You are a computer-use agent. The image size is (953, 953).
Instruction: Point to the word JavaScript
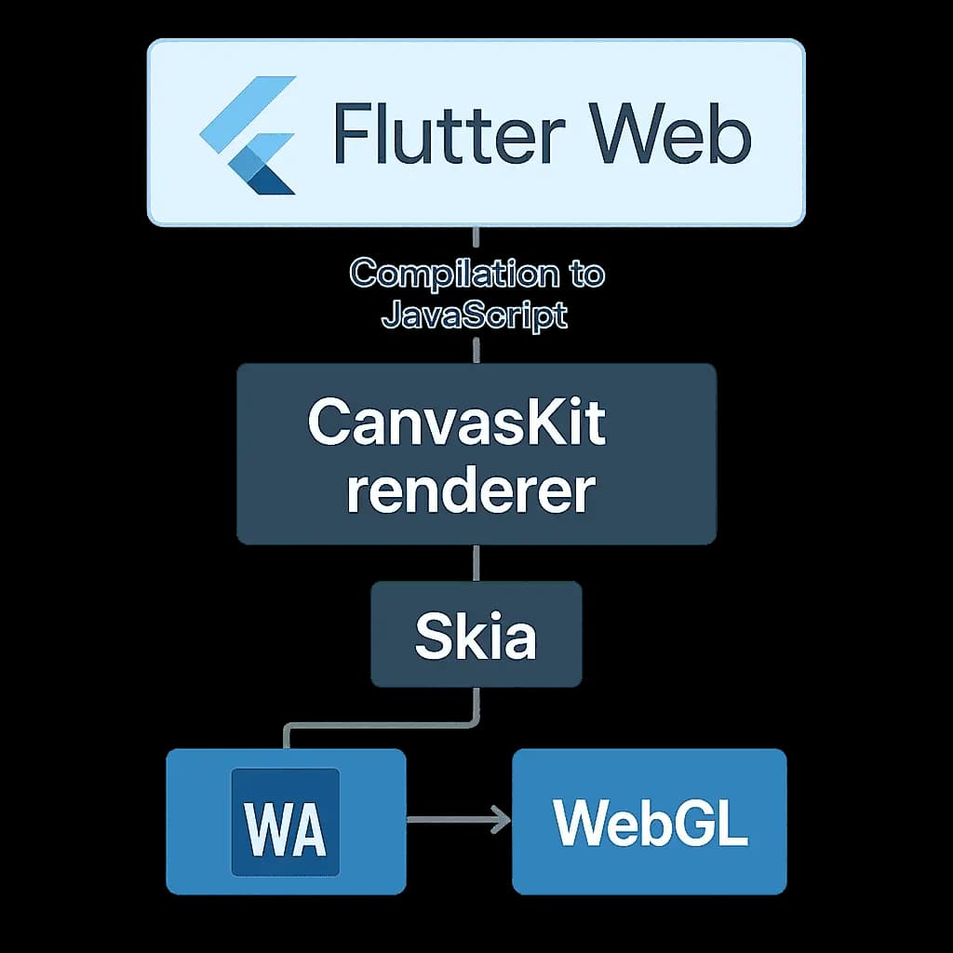(x=475, y=315)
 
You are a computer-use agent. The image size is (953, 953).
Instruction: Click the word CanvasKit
(x=457, y=423)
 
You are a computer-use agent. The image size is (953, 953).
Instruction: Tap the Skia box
(x=476, y=635)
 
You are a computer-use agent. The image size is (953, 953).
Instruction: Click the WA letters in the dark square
(x=285, y=825)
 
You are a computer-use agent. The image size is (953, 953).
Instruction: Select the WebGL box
(x=650, y=821)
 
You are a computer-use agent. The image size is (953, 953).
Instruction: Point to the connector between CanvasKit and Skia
(x=476, y=563)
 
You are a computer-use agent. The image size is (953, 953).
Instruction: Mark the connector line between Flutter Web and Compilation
(x=476, y=240)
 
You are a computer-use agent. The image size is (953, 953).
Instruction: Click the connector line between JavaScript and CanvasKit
(x=476, y=349)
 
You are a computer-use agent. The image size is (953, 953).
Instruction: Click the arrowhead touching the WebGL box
(x=503, y=820)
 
